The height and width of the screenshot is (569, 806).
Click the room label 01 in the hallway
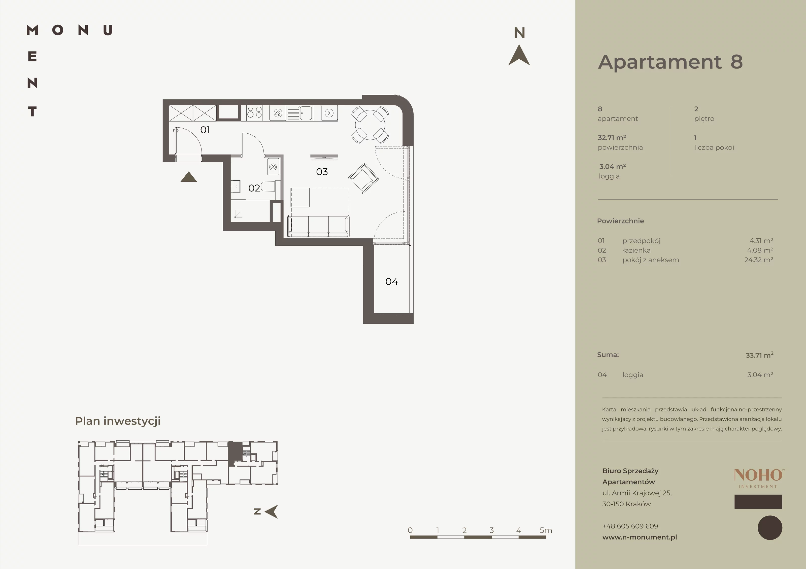pos(205,130)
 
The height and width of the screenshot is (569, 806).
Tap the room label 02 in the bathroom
pos(254,188)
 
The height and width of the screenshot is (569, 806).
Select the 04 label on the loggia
pos(392,282)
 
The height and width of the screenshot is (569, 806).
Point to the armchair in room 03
pos(363,178)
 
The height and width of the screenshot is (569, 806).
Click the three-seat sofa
pos(318,226)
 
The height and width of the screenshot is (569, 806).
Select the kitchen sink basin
pos(306,113)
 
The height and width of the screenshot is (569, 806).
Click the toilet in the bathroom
pos(271,186)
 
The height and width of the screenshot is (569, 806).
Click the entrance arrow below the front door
pos(188,177)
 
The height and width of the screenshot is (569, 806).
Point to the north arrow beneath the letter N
pos(519,55)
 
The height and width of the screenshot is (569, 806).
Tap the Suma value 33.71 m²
pos(760,355)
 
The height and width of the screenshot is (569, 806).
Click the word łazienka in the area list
pos(636,250)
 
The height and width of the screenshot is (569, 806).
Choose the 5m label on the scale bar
pos(546,530)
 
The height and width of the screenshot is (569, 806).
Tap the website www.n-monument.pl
pos(640,537)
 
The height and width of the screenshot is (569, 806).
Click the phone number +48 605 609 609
pos(630,526)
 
